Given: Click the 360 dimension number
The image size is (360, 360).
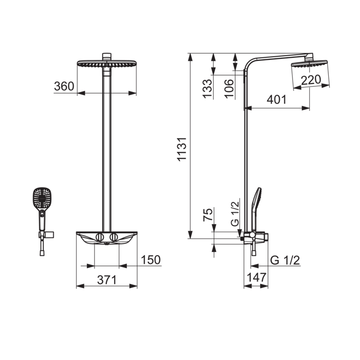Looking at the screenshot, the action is click(64, 86).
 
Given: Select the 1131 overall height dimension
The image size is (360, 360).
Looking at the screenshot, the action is click(182, 149).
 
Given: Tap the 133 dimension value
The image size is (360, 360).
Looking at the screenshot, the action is click(207, 88).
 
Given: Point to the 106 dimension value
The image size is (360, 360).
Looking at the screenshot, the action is click(229, 88).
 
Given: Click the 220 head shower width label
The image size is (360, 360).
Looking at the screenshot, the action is click(311, 80).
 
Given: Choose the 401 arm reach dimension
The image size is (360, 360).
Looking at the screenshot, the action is click(277, 100).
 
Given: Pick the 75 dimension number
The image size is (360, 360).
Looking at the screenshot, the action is click(208, 215).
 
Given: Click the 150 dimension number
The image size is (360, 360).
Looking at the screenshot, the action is click(151, 260).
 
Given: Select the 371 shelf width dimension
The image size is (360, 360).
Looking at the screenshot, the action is click(107, 280).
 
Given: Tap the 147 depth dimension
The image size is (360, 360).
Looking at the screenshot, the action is click(257, 277).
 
